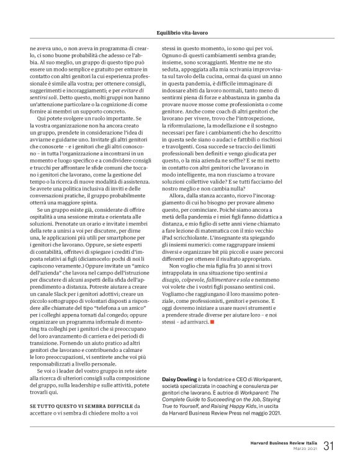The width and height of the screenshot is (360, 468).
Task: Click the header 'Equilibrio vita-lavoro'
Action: [179, 33]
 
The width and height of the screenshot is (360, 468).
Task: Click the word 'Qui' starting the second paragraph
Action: [41, 118]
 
